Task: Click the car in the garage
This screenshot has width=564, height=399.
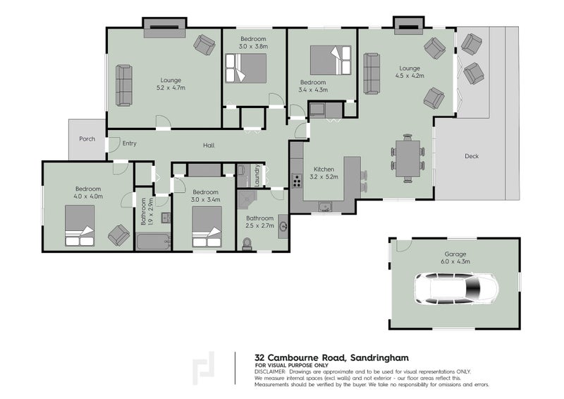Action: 456,288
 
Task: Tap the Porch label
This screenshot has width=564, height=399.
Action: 87,138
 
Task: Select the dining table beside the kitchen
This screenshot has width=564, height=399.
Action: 407,159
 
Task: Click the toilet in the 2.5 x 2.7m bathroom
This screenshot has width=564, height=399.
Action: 247,244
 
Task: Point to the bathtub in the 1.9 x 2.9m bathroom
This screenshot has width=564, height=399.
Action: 153,242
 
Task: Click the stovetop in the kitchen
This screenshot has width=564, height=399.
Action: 297,181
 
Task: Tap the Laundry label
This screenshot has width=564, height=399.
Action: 257,175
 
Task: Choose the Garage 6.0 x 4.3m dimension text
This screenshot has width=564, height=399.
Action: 455,262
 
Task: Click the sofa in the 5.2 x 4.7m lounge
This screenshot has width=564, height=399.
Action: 124,85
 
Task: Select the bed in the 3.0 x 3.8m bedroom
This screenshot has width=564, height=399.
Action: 246,68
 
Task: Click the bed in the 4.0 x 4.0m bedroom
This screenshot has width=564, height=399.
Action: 80,226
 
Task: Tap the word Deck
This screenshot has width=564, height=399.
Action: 472,156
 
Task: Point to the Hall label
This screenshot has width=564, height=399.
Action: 209,145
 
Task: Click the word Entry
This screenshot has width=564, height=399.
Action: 130,143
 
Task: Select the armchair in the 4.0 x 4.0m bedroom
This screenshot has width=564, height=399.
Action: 118,235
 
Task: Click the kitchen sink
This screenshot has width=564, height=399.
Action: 325,206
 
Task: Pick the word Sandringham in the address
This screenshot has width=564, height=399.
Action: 380,358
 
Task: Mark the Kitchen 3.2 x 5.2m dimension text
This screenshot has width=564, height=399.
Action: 324,177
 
